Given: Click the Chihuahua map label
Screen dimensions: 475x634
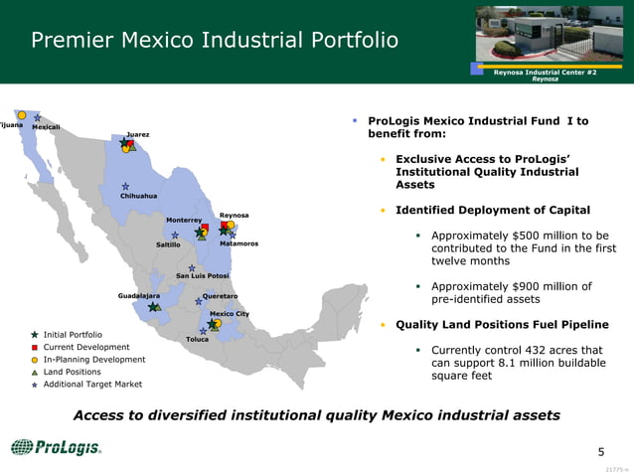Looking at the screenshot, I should coord(138,196).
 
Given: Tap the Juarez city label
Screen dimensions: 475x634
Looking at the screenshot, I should coord(138,134).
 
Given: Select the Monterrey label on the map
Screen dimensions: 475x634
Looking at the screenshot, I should coord(184,220).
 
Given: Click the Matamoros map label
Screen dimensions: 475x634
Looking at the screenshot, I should coord(238,243).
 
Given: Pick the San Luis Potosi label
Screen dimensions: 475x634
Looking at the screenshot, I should coord(203,275).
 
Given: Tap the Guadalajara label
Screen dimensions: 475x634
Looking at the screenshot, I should coord(138,295).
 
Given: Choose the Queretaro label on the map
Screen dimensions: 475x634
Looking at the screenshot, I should coord(220,295).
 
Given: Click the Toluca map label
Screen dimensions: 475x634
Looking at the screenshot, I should coord(197,339).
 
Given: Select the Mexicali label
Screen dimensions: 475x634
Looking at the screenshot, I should coord(47,127).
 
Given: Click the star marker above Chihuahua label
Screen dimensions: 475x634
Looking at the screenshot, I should coord(126,186).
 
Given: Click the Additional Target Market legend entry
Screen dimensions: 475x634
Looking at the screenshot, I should coord(91,384).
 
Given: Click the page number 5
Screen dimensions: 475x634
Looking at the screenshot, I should coord(600,452).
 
